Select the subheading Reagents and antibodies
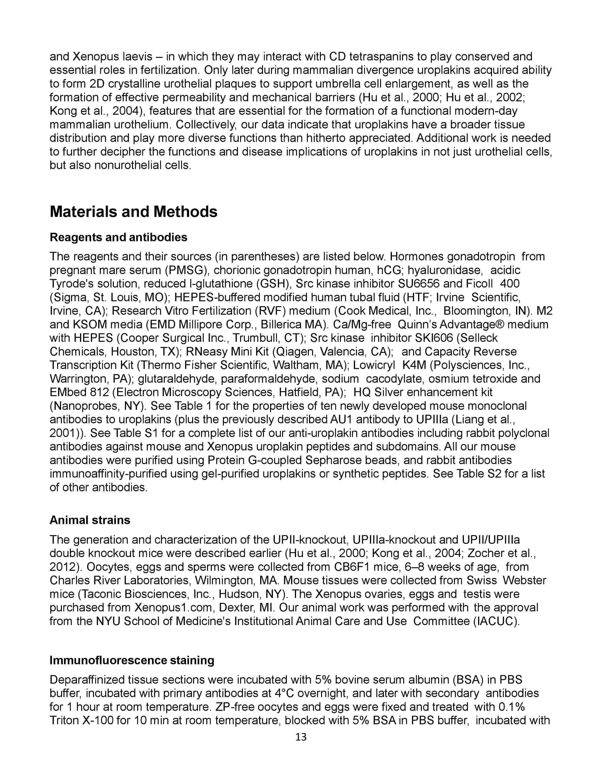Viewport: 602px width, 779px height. tap(119, 237)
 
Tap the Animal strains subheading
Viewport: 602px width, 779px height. tap(90, 520)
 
